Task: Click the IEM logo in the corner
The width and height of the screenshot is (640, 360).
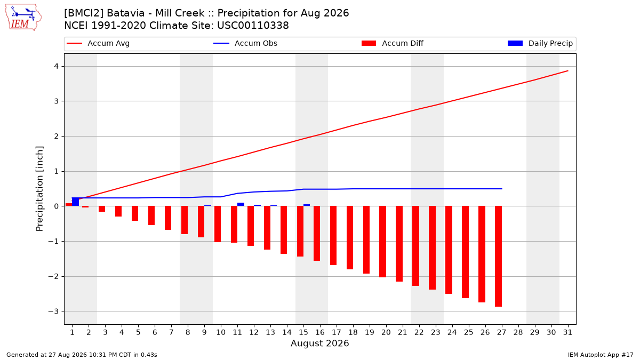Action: coord(23,18)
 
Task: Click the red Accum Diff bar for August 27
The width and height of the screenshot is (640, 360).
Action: coord(498,257)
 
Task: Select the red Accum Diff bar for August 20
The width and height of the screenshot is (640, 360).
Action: coord(382,242)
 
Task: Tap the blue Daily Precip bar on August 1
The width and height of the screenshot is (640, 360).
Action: coord(75,202)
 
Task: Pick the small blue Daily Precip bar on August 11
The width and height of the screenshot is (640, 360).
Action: coord(241,204)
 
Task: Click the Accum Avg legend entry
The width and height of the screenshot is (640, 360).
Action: coord(98,43)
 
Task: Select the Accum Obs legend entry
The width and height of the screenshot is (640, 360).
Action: coord(245,43)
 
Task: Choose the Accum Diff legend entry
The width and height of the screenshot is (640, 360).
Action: coord(393,43)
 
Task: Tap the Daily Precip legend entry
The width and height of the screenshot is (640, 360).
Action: coord(540,43)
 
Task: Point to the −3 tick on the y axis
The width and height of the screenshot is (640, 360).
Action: coord(53,311)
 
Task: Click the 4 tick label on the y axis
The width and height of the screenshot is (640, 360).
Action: coord(57,66)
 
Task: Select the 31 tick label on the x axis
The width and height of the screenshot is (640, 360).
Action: coord(567,332)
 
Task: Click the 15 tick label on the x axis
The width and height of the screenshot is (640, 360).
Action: coord(303,332)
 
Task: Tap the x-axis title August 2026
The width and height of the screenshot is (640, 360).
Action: coord(319,343)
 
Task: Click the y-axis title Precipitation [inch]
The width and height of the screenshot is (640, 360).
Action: coord(39,189)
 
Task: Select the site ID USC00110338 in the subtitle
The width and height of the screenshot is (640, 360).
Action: coord(253,26)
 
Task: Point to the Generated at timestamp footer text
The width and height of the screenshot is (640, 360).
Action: coord(82,355)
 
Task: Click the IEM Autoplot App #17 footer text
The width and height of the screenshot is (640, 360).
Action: coord(601,355)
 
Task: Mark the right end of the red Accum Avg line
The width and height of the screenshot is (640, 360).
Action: coord(567,71)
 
